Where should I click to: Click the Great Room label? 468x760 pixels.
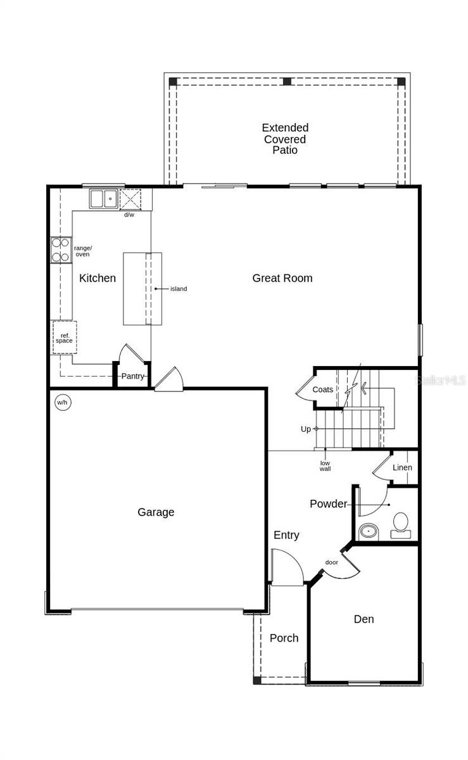(x=282, y=278)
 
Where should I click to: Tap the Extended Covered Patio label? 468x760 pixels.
(x=285, y=139)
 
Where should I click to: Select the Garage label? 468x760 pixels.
(x=156, y=512)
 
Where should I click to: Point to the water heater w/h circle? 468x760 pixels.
(x=62, y=402)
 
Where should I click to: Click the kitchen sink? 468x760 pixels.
(x=103, y=199)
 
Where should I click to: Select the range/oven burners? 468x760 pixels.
(x=61, y=250)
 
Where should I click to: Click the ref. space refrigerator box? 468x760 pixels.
(x=64, y=338)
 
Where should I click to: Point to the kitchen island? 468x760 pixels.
(x=142, y=289)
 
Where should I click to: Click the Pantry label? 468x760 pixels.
(x=133, y=376)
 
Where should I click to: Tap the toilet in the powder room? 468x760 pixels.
(x=400, y=524)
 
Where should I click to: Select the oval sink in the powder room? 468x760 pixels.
(x=367, y=531)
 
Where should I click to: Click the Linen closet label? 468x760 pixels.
(x=402, y=467)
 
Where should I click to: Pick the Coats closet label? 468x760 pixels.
(x=322, y=389)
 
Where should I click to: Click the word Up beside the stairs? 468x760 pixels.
(x=306, y=429)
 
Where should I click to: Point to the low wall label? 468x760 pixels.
(x=325, y=465)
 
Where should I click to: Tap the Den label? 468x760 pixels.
(x=364, y=619)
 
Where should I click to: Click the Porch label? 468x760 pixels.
(x=284, y=638)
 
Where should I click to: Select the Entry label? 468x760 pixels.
(x=286, y=535)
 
